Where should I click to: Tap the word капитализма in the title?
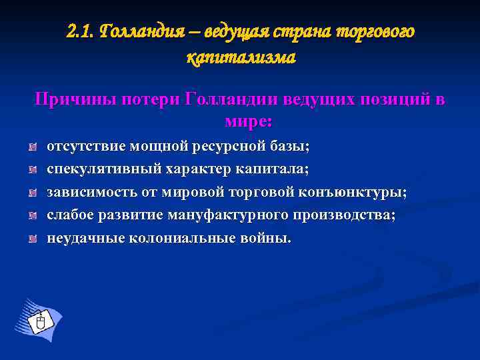(x=241, y=59)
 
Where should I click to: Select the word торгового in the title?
(x=374, y=31)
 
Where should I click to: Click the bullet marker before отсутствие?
(x=32, y=146)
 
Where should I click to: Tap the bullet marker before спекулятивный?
(x=32, y=169)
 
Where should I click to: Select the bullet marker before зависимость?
(x=32, y=193)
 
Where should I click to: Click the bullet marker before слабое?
(x=32, y=216)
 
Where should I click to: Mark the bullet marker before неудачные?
(x=32, y=239)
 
